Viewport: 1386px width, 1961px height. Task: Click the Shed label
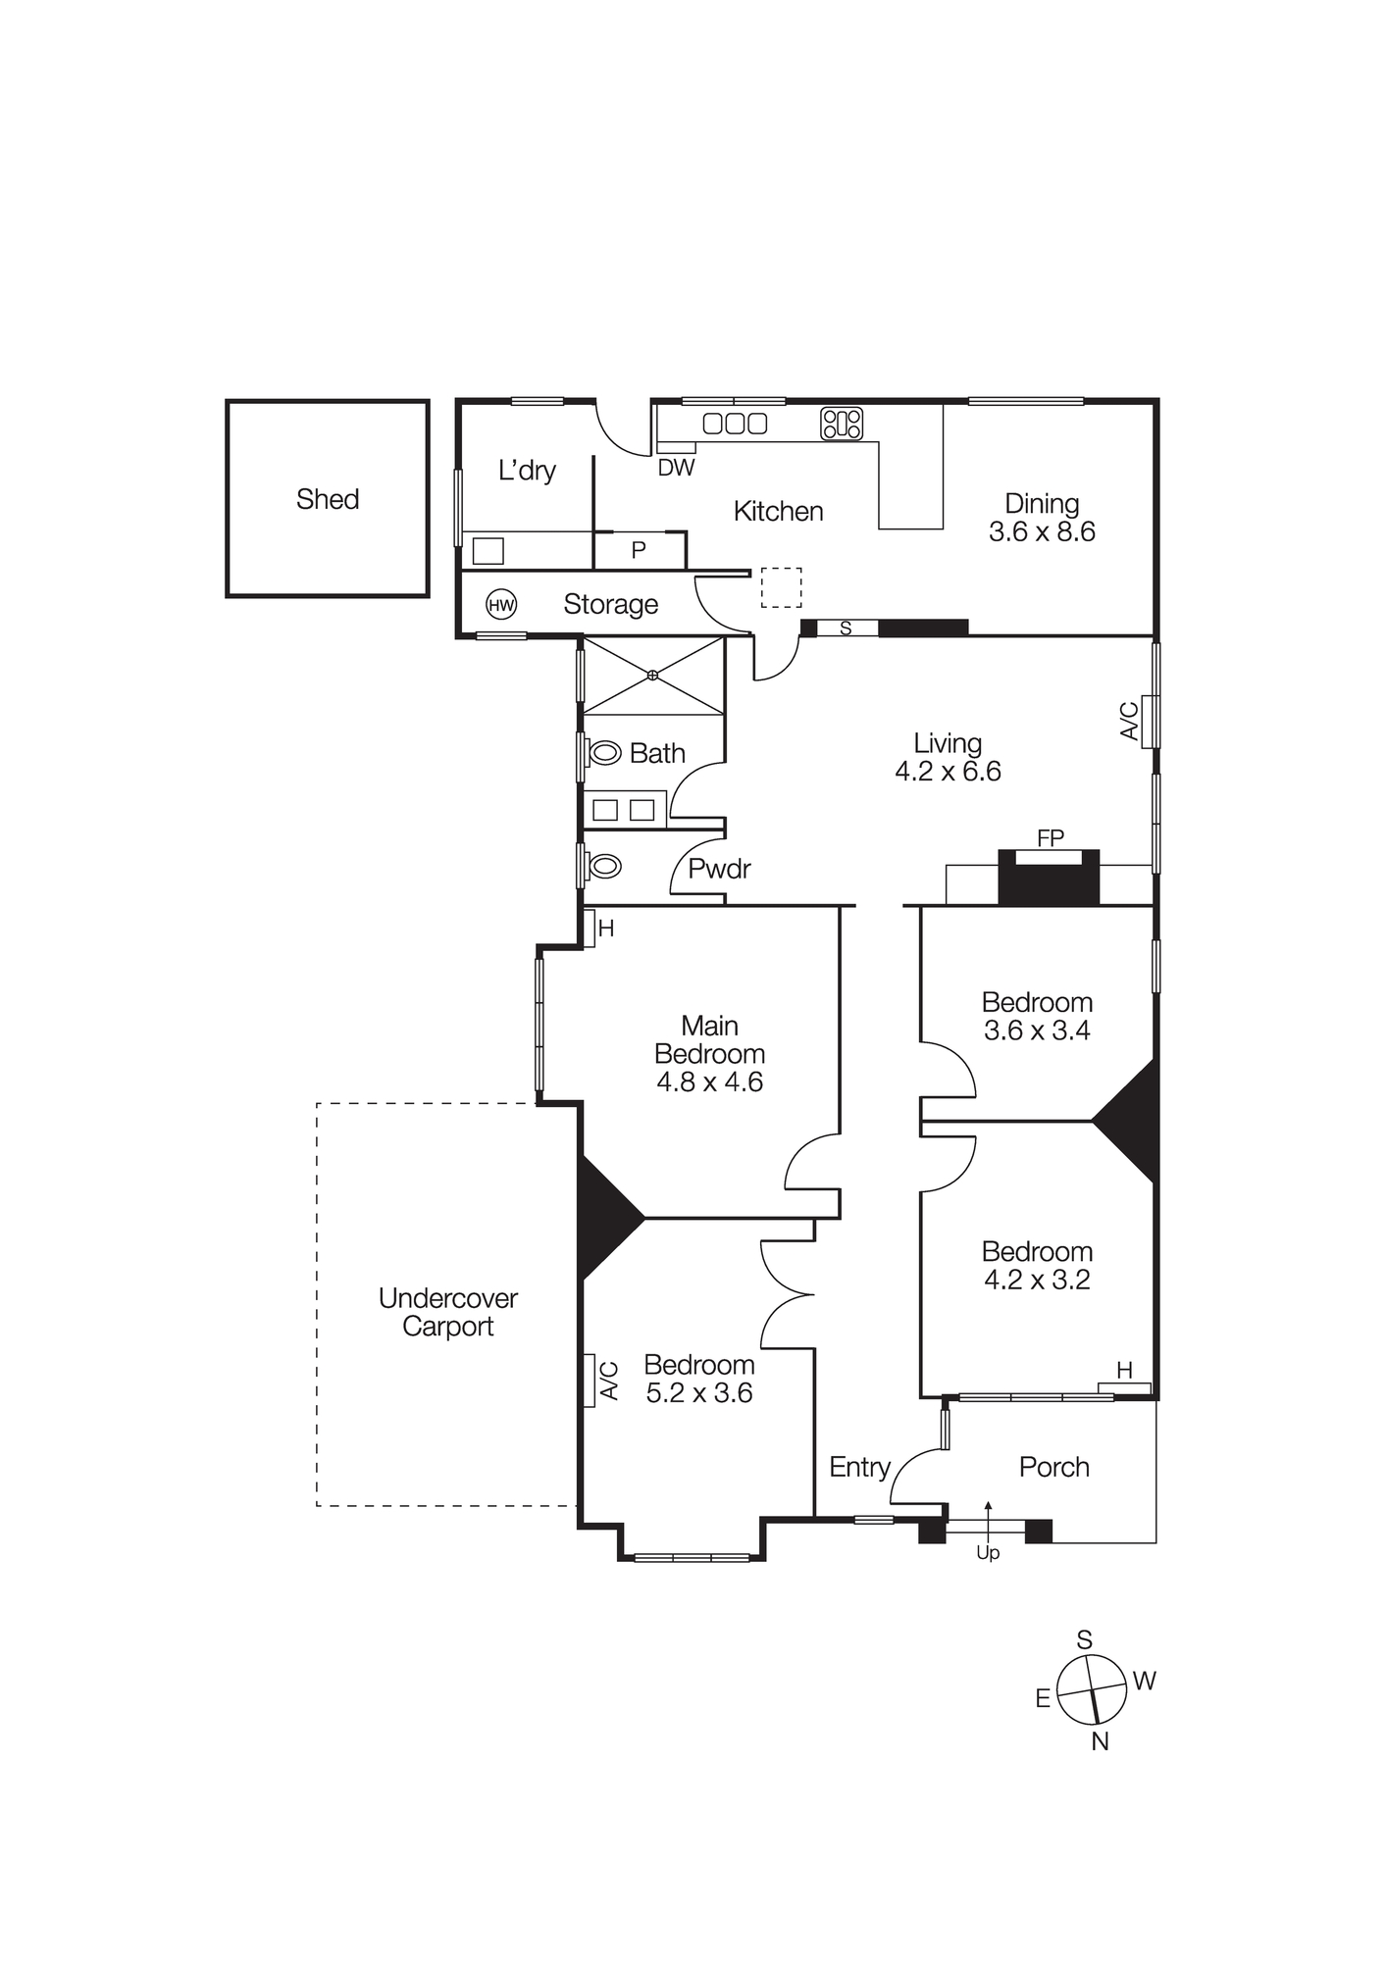(328, 499)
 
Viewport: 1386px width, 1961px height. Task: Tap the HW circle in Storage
(501, 605)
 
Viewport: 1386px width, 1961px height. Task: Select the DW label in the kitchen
(676, 468)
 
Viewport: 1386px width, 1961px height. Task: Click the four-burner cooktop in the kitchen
(842, 424)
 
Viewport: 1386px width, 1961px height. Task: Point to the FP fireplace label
(1050, 838)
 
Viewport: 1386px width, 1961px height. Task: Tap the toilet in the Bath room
(604, 753)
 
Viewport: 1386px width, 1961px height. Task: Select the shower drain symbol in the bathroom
(653, 676)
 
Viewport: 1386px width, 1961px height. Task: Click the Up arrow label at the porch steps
(987, 1553)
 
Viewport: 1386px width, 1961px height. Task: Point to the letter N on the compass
(1100, 1741)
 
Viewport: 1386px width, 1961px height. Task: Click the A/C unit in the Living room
(1149, 722)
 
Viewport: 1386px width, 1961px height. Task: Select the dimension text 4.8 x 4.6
(709, 1082)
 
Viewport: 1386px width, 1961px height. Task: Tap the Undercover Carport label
(448, 1312)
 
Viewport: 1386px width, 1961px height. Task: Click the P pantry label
(639, 551)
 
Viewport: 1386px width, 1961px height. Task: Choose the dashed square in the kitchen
(781, 587)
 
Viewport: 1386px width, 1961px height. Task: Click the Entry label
(859, 1467)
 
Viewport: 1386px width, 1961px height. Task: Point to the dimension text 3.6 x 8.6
(1042, 532)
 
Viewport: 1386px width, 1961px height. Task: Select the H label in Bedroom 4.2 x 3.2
(1124, 1371)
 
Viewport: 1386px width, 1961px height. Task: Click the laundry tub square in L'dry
(488, 551)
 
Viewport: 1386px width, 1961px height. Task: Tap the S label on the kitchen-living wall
(846, 629)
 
